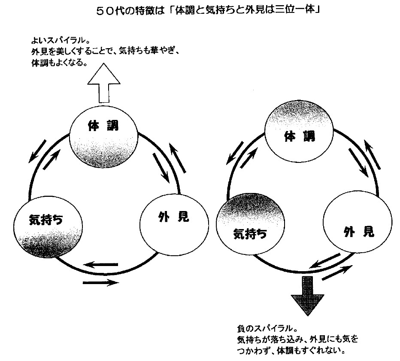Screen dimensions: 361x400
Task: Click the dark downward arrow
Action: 308,294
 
